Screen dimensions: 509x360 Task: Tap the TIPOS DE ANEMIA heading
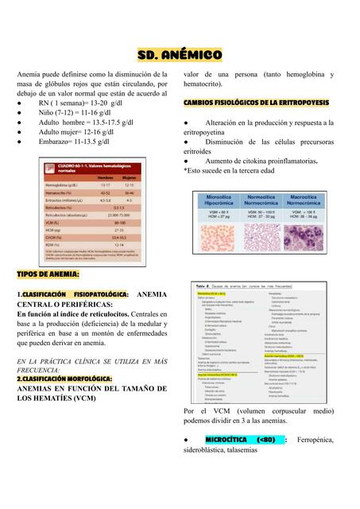tap(48, 274)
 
